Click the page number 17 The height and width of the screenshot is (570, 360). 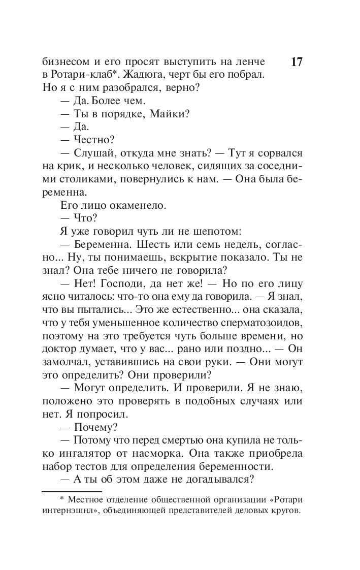tap(297, 62)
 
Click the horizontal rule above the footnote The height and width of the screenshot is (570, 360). tap(71, 492)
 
